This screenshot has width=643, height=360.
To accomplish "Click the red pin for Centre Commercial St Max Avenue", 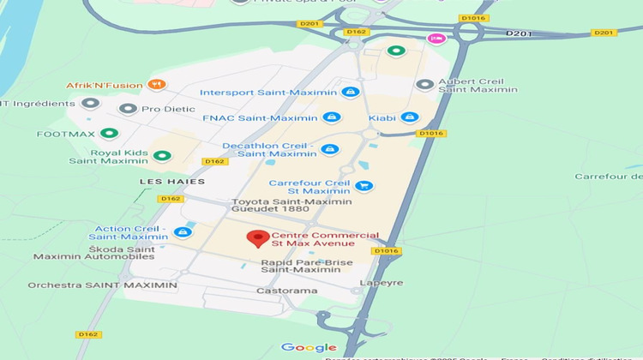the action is coord(255,239).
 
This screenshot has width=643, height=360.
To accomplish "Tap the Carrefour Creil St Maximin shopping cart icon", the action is coord(364,185).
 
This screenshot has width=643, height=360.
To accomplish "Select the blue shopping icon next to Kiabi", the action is coord(410,117).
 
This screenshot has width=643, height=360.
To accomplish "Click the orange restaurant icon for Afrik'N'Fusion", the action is coord(155,85).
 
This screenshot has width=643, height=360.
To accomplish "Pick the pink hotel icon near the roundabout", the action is coord(436,39).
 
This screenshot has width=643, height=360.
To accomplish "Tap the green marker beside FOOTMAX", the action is coord(108,134).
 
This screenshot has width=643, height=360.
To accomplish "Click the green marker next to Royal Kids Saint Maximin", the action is coord(161,156).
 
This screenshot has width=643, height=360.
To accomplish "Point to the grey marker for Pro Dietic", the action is coord(129,109).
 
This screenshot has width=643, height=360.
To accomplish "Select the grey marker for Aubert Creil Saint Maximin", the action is coord(424,84).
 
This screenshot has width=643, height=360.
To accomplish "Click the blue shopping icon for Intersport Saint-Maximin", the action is coord(349,92).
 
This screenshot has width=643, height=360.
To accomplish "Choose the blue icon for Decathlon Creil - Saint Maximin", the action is coord(329,149).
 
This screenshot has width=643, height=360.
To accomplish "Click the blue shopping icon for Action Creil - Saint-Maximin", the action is coord(182,231).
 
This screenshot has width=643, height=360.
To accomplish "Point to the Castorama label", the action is coord(287,291).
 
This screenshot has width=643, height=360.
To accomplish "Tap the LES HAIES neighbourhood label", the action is coord(172,182).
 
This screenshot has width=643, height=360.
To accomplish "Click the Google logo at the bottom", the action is coord(309,347).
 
